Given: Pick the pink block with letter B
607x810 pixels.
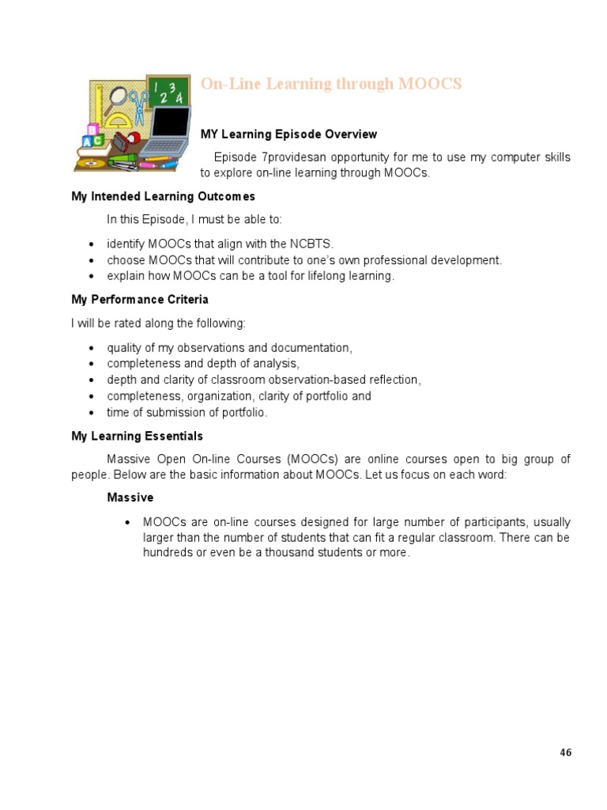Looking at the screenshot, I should tap(92, 129).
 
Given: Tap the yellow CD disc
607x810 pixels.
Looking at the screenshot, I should tap(89, 164).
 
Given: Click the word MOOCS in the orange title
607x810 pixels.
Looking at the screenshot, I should tap(431, 84).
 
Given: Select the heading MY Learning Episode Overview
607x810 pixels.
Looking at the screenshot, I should tap(288, 134).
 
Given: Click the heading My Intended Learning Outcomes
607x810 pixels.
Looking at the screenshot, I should tap(163, 196).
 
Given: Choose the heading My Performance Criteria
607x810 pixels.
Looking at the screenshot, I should tap(140, 300).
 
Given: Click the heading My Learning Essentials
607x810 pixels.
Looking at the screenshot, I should tap(137, 436).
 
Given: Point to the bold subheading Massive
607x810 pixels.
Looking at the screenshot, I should tap(130, 498).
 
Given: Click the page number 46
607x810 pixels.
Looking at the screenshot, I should tap(565, 752).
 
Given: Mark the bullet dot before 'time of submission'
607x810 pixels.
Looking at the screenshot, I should tap(92, 413).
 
